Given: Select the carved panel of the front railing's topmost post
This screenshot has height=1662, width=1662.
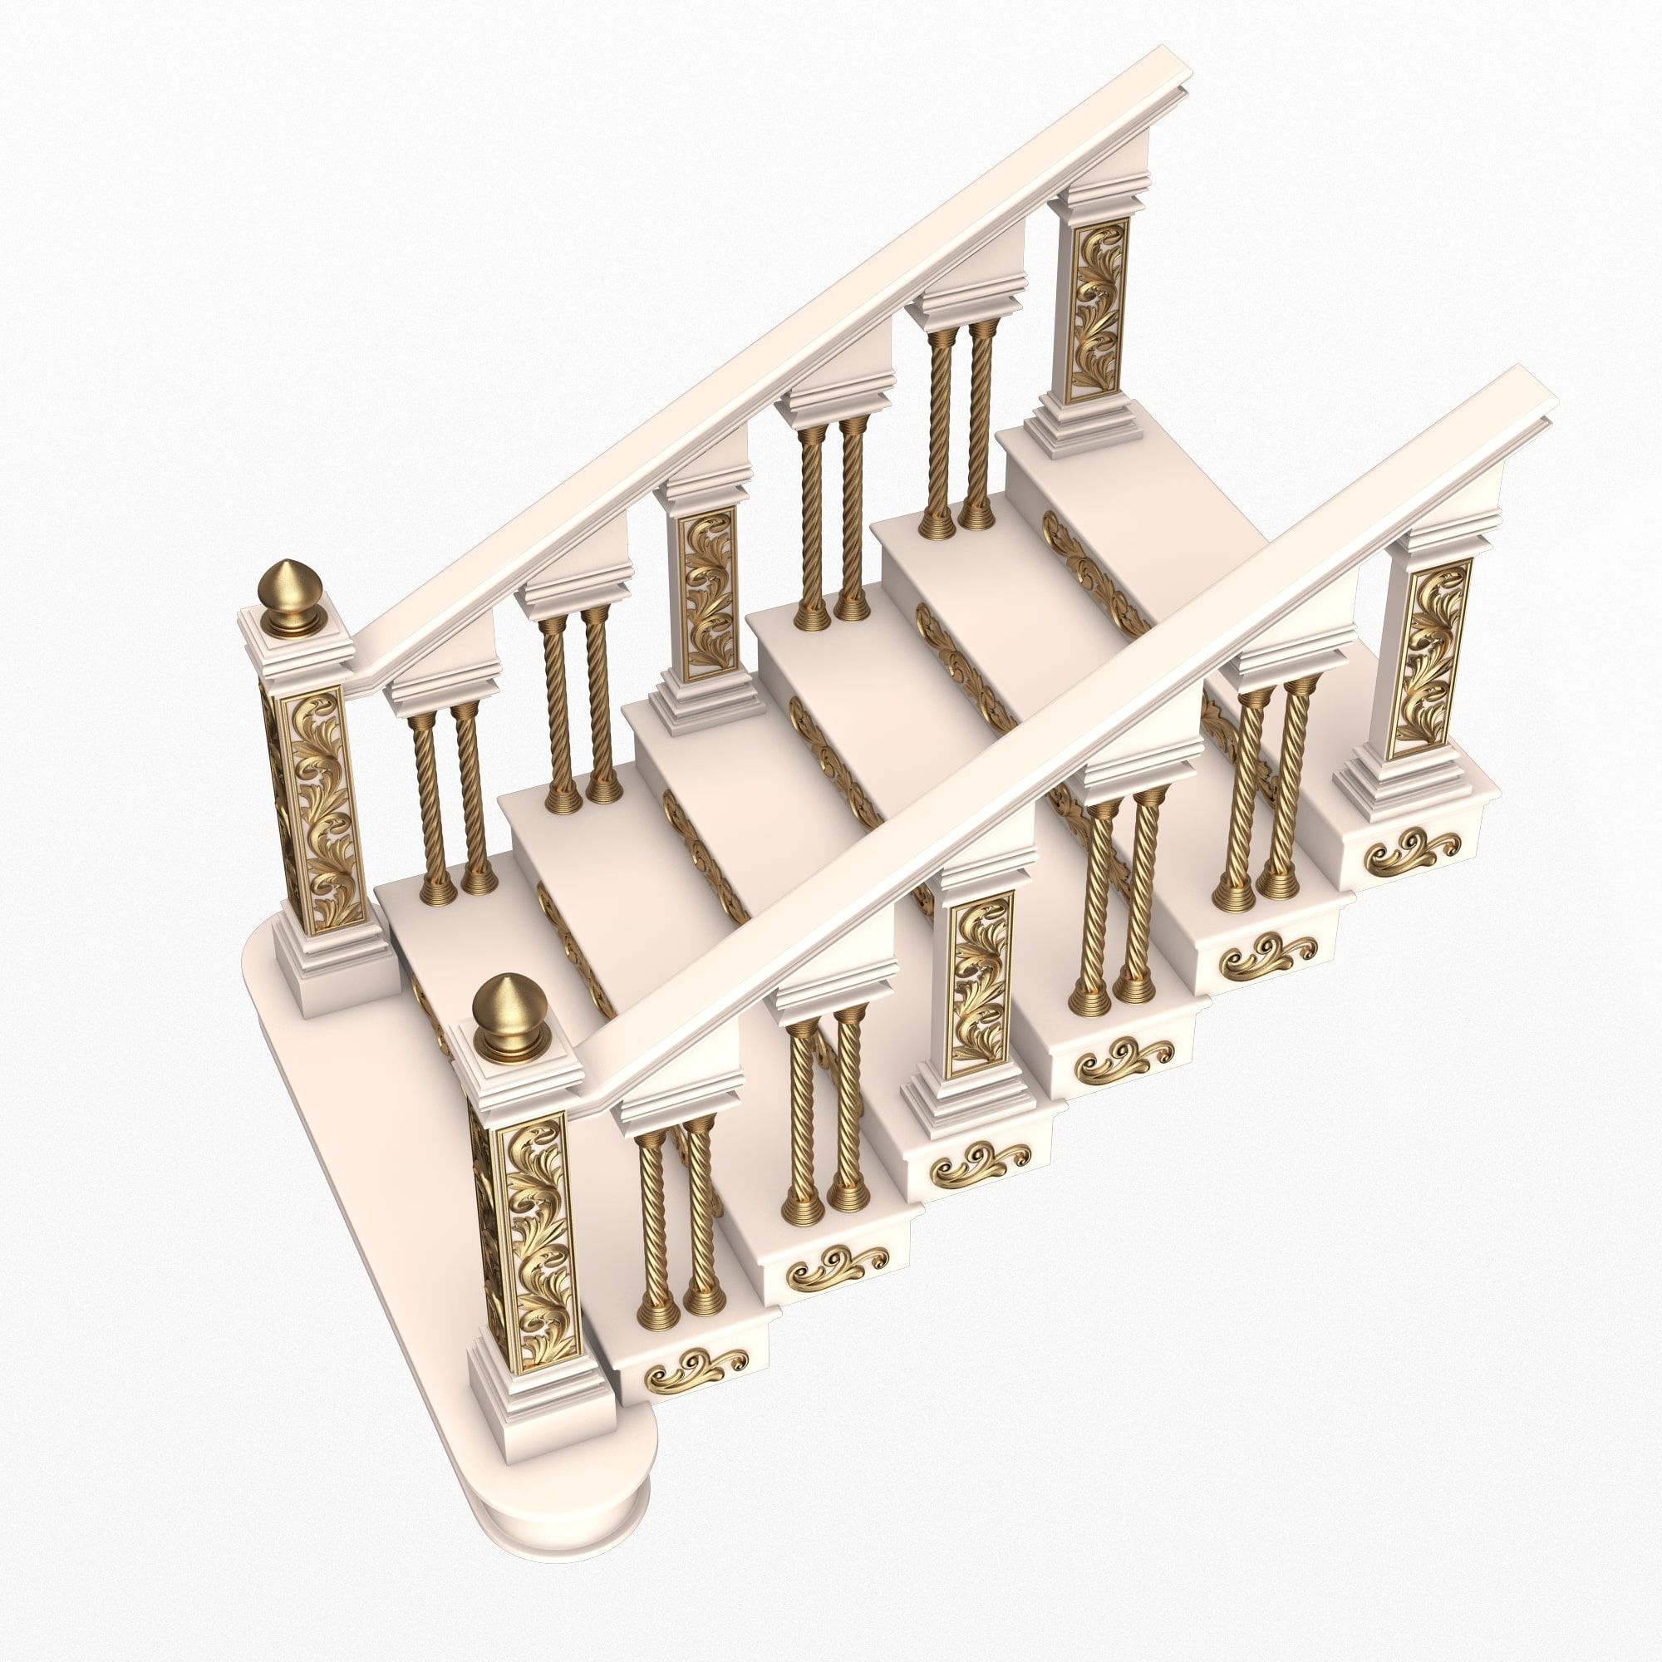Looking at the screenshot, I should point(1429,657).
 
